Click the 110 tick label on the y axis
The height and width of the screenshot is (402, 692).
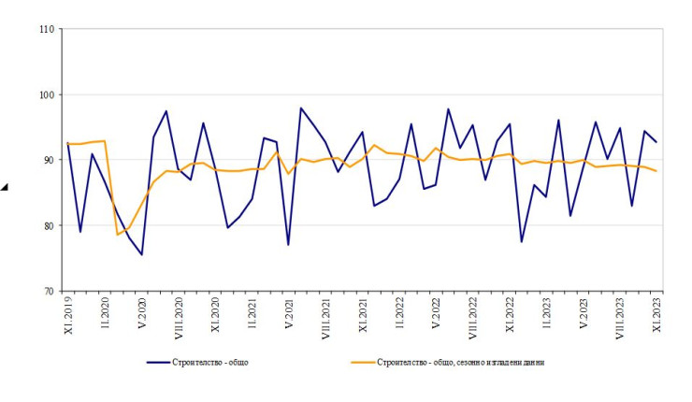click(46, 30)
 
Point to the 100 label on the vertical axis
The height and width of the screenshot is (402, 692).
click(46, 95)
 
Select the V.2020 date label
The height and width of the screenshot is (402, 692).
click(142, 313)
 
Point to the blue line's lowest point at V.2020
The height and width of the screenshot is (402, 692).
click(141, 254)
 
